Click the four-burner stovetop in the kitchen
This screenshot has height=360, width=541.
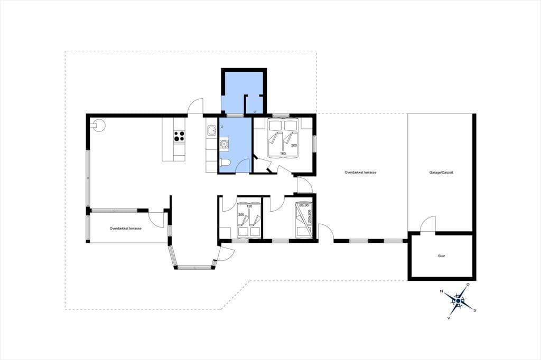coord(179,136)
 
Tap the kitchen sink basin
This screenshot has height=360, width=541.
coord(211,131)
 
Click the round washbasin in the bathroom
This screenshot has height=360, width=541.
coord(224,144)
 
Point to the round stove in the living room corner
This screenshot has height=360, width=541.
coord(98,125)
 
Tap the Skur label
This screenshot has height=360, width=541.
coord(441,256)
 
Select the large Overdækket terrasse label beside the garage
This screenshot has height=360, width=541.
coord(360,172)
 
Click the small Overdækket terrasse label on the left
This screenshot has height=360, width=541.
coord(126,228)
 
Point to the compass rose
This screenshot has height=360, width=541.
coord(458,301)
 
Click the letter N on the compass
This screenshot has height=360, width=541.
coord(441,291)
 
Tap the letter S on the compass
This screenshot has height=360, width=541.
coord(475,310)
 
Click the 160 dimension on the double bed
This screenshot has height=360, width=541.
coord(283,154)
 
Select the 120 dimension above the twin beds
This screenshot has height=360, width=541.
coord(249,206)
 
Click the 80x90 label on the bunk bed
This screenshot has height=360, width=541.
coord(304,205)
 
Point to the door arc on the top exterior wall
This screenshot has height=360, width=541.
coord(195,106)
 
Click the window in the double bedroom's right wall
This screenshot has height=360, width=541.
coord(314,143)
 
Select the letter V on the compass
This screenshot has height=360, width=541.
coord(449,318)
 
